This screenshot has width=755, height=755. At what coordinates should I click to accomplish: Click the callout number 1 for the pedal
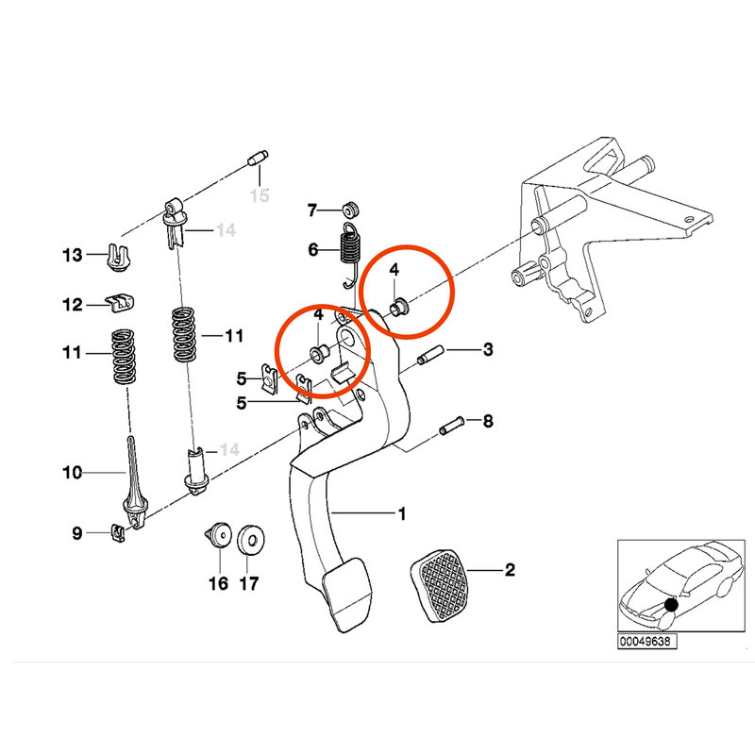[x=401, y=514]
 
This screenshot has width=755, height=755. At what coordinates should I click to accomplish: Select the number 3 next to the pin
[x=487, y=351]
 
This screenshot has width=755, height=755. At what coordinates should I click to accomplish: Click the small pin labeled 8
[x=452, y=426]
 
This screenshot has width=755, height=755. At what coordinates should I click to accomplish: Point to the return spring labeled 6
[x=351, y=252]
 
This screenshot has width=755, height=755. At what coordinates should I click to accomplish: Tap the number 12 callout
[x=73, y=305]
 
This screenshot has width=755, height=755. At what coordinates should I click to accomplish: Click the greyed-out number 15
[x=259, y=195]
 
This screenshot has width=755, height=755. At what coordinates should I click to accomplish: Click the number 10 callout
[x=73, y=471]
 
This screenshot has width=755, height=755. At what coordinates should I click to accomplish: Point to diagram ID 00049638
[x=647, y=641]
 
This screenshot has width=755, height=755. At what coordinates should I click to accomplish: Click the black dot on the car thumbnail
[x=670, y=605]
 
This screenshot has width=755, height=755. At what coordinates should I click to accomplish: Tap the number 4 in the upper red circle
[x=394, y=270]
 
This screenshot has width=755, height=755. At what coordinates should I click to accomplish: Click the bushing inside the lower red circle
[x=320, y=354]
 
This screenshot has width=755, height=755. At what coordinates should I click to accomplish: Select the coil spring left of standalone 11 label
[x=123, y=356]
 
